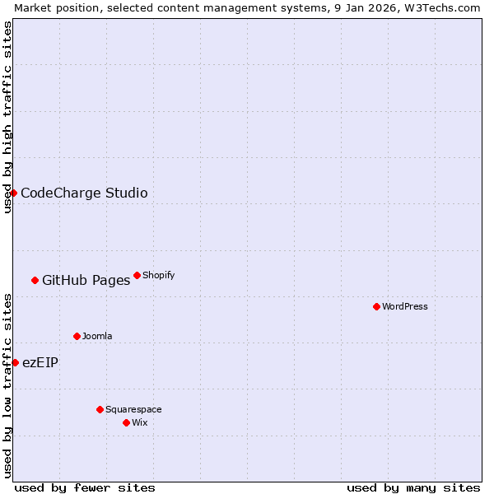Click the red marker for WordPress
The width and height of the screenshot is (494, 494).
click(376, 306)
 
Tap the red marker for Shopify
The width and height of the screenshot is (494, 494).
click(137, 275)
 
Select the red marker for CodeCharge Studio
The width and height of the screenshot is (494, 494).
click(13, 193)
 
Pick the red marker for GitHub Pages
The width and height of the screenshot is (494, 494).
click(35, 280)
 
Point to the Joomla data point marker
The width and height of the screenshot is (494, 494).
click(77, 336)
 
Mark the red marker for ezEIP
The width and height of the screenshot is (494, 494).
click(15, 362)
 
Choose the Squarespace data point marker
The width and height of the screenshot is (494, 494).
click(100, 409)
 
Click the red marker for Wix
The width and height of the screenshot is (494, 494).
click(126, 422)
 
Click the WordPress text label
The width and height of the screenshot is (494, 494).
click(405, 306)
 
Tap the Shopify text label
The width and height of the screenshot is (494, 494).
click(158, 275)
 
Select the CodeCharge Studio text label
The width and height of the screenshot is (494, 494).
click(84, 193)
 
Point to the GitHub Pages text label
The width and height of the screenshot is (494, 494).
click(86, 281)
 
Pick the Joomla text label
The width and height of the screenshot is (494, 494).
click(97, 336)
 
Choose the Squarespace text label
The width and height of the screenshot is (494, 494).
click(133, 409)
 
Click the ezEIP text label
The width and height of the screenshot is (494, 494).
click(40, 363)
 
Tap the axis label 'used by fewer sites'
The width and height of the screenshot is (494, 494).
click(85, 487)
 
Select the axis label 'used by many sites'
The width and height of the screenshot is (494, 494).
click(413, 487)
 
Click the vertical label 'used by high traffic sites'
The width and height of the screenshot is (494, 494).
click(7, 117)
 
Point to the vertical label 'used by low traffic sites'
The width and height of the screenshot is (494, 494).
click(7, 385)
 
